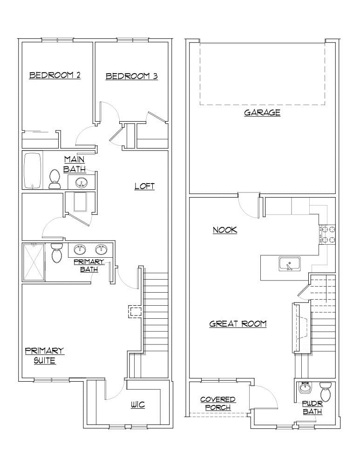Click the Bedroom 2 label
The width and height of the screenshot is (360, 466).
54,75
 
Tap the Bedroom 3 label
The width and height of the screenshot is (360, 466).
131,76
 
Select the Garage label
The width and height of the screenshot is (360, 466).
262,112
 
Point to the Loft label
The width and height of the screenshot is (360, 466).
144,186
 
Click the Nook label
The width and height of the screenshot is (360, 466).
225,230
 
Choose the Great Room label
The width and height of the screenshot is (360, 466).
238,323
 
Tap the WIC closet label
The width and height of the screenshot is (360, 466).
137,405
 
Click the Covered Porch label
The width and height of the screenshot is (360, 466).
217,404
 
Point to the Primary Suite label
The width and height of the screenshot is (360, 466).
44,356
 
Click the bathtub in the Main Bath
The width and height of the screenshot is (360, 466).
32,171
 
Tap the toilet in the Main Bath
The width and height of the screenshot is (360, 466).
54,178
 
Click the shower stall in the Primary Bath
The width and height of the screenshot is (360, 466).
34,261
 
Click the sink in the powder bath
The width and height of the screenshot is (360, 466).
306,387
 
